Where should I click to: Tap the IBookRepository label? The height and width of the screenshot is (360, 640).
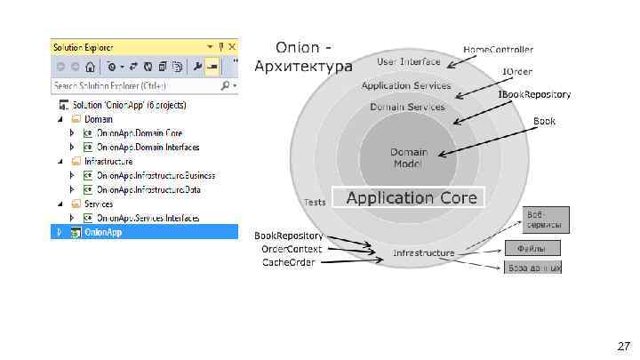point(533,94)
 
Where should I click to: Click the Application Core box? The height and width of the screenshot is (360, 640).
point(411,198)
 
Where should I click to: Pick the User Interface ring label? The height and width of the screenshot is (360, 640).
point(408,62)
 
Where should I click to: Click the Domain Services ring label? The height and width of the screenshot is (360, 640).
point(407,107)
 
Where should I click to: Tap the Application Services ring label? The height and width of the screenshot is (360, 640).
point(406,85)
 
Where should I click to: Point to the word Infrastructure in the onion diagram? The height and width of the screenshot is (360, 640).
point(424,253)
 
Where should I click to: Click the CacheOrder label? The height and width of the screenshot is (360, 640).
point(288,262)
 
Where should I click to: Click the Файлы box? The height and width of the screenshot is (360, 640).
point(533,248)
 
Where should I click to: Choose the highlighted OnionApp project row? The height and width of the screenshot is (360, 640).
point(103,232)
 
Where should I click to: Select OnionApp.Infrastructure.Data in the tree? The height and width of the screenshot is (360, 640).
point(148,189)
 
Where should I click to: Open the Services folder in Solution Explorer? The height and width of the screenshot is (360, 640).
point(99,204)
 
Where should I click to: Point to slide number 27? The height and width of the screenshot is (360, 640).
point(623,345)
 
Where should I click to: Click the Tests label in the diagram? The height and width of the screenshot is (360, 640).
point(314,202)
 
